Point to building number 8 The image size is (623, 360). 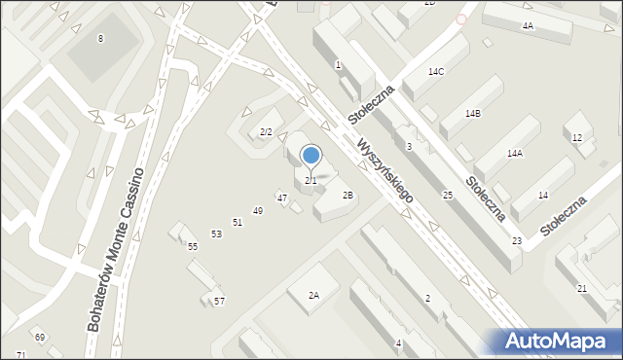tap(99, 38)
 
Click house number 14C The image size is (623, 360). tap(436, 72)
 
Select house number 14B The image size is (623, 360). tap(472, 114)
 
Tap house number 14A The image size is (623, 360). tap(514, 154)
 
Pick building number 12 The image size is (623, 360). tap(576, 138)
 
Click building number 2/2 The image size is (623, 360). tap(265, 131)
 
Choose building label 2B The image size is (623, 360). tap(348, 195)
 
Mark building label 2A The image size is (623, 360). tap(313, 295)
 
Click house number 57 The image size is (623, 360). tap(219, 302)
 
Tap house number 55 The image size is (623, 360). tap(193, 246)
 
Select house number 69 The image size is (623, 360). tap(40, 337)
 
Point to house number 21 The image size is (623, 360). tap(582, 289)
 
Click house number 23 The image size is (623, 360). tap(517, 240)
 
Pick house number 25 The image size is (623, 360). tap(448, 196)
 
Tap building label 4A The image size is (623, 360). tap(527, 25)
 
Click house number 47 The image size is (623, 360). tap(281, 198)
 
